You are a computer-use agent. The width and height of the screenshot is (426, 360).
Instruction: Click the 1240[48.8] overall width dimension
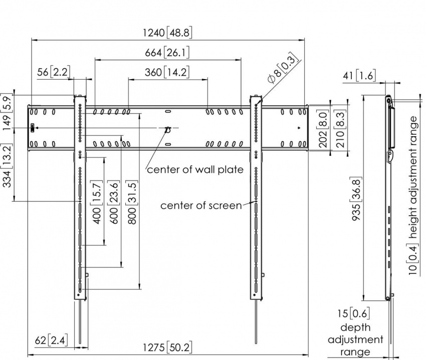pos(168,33)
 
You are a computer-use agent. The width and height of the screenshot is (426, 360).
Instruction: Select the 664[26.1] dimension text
pos(168,53)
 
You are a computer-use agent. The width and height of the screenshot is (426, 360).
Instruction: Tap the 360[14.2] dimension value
pos(168,72)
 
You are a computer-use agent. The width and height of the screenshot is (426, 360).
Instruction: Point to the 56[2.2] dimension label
pos(54,72)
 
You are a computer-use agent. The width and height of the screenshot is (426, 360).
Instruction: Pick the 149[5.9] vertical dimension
pos(7,112)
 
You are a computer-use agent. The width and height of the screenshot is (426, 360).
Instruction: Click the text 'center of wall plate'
pos(195,170)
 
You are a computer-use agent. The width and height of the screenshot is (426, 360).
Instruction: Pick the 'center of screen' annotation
pos(201,206)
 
